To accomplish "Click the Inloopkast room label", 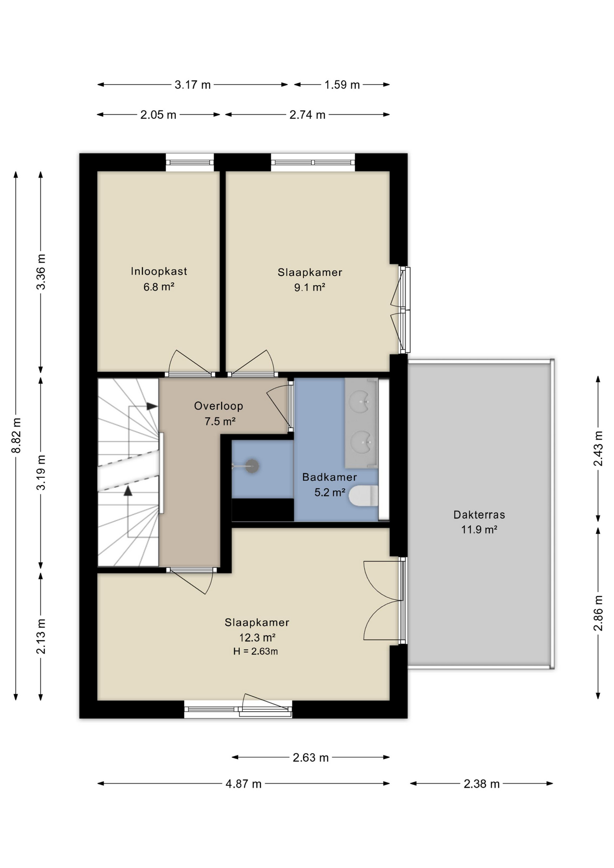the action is [x=159, y=271].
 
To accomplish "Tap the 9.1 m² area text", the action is [x=310, y=287].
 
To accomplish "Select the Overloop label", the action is [x=218, y=406].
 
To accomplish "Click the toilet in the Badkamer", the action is [x=364, y=496].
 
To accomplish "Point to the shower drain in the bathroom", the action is [x=252, y=466].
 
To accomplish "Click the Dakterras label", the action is [x=479, y=514].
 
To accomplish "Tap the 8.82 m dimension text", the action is [x=16, y=435].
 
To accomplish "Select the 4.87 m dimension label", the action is [x=244, y=784].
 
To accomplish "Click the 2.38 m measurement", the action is [x=482, y=784].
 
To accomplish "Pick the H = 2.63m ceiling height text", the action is [x=255, y=651].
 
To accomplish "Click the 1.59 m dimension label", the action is [x=342, y=85].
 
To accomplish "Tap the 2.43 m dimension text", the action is [x=598, y=448].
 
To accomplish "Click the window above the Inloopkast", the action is [x=189, y=162].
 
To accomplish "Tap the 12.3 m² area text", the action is [x=257, y=637].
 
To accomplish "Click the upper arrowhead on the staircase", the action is [x=152, y=406].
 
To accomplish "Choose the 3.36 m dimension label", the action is [x=41, y=272].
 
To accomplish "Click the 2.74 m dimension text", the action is [x=307, y=115].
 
